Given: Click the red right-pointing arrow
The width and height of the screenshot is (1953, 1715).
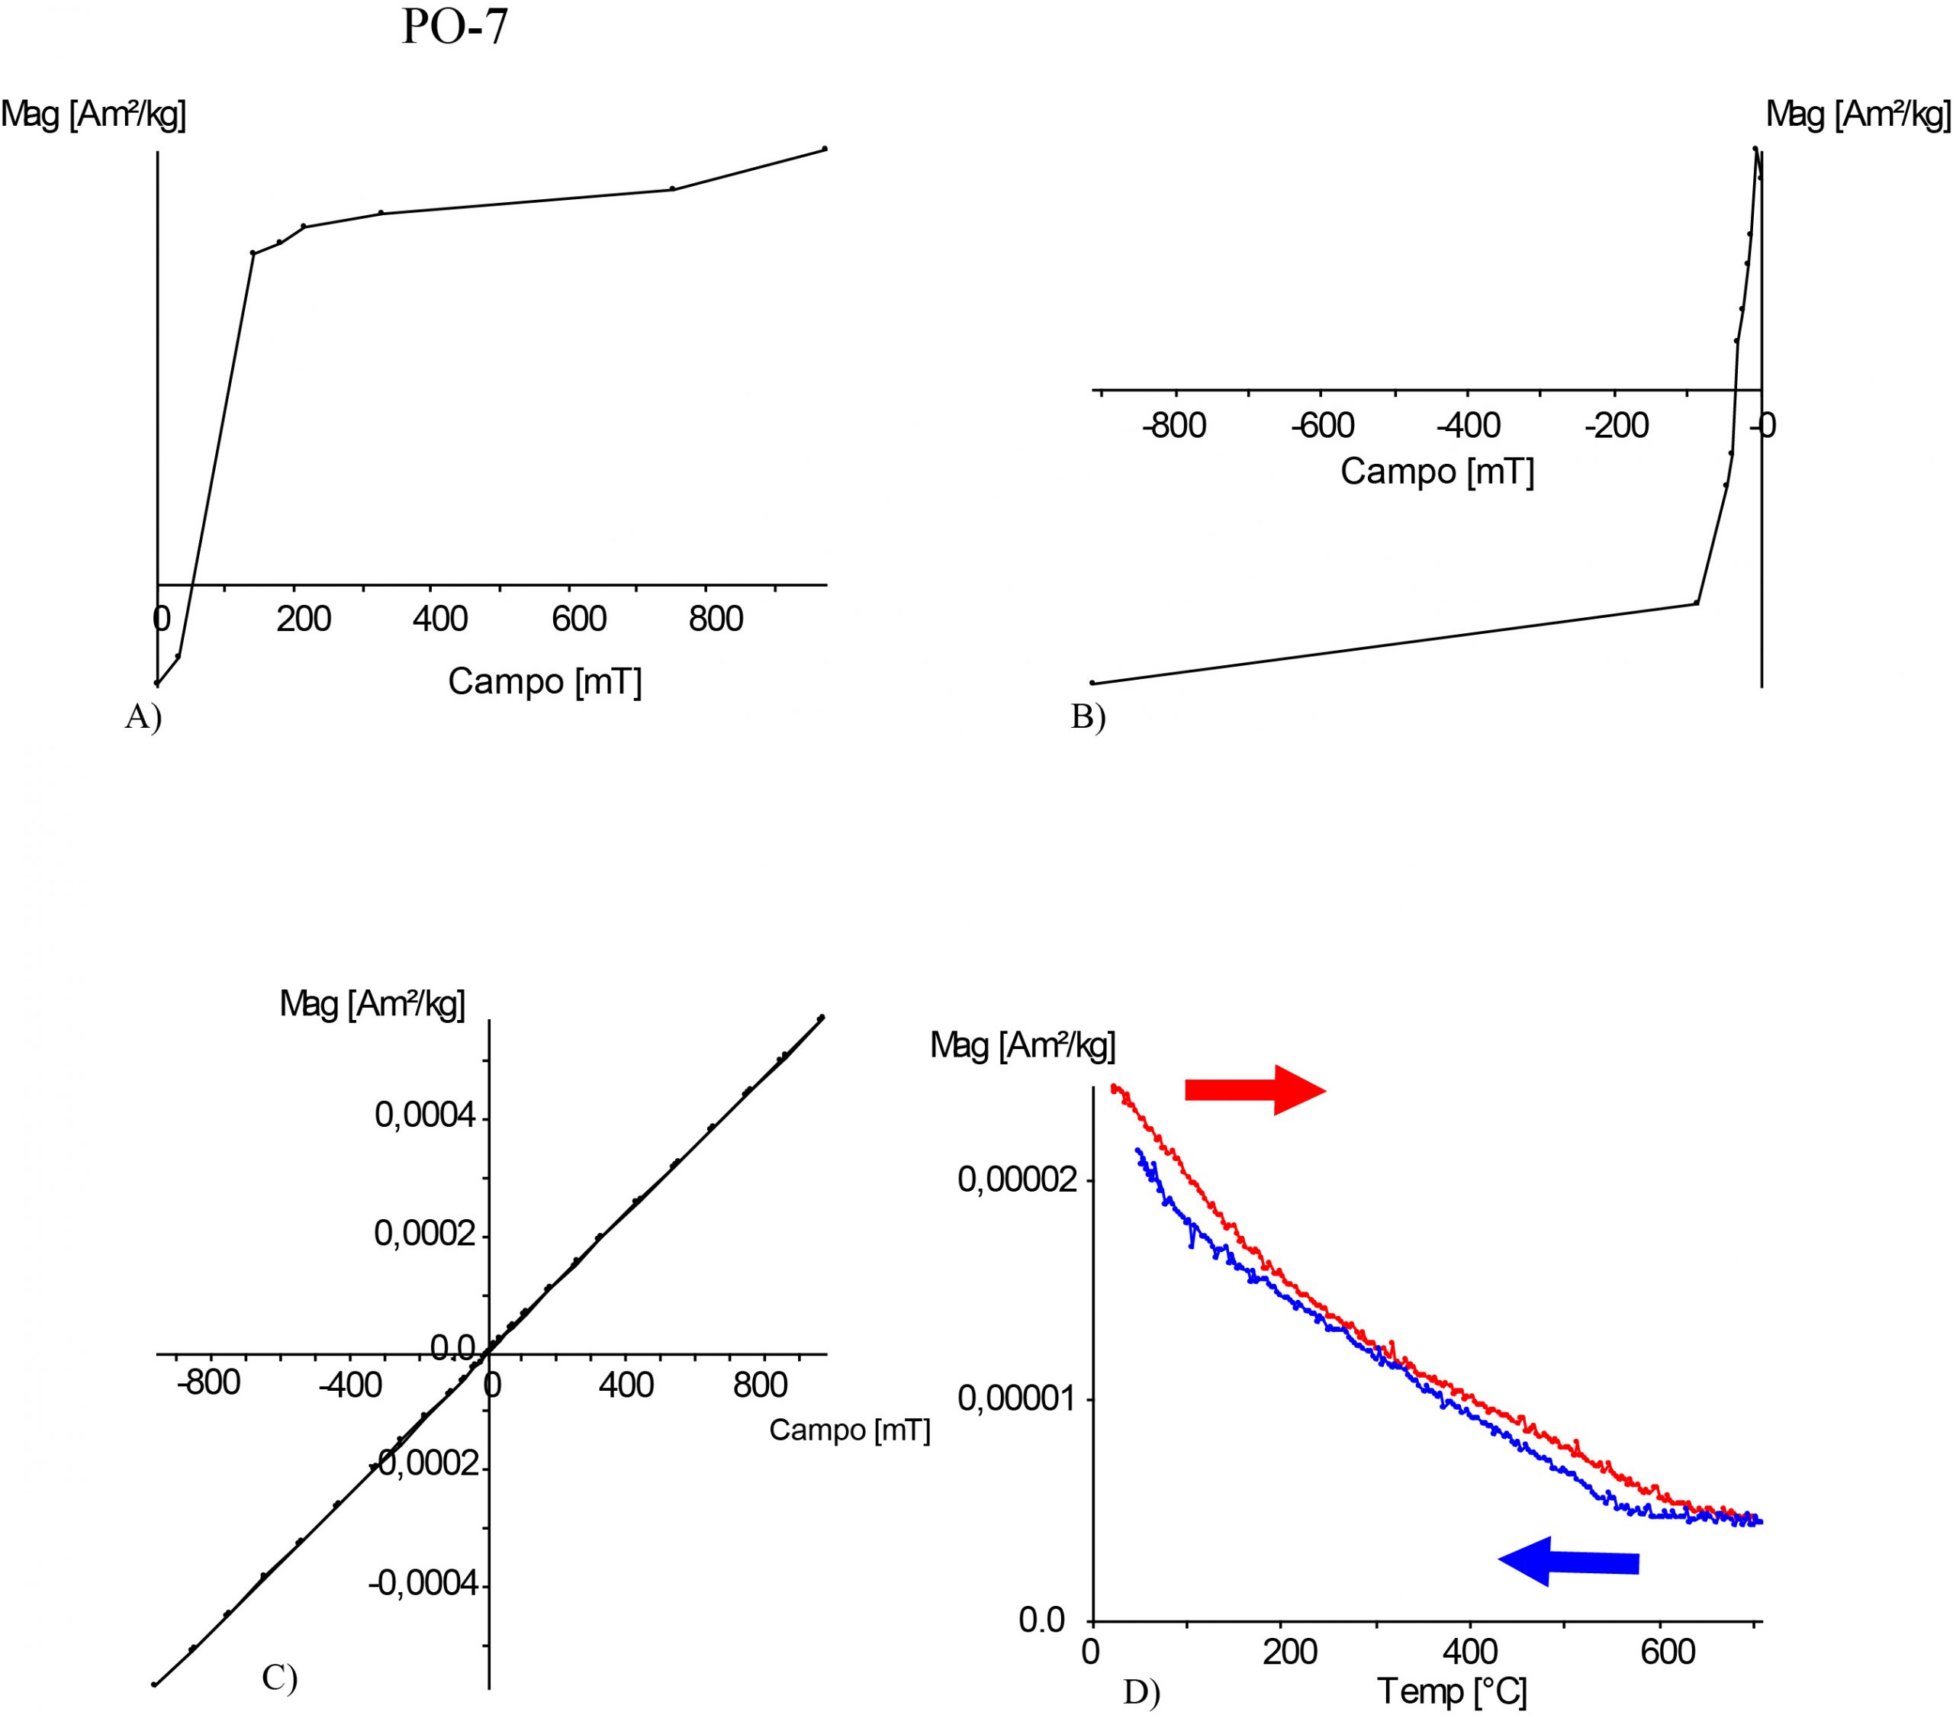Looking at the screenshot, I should (1254, 1090).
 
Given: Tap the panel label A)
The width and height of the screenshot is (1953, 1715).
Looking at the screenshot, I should (143, 716).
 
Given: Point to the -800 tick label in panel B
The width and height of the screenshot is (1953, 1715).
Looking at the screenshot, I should (1174, 426).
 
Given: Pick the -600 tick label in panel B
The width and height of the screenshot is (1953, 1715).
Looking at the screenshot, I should (1322, 426).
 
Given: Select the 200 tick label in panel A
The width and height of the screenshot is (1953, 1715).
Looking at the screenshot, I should (304, 620).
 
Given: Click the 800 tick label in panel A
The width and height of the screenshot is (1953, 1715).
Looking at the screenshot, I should (716, 620).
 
